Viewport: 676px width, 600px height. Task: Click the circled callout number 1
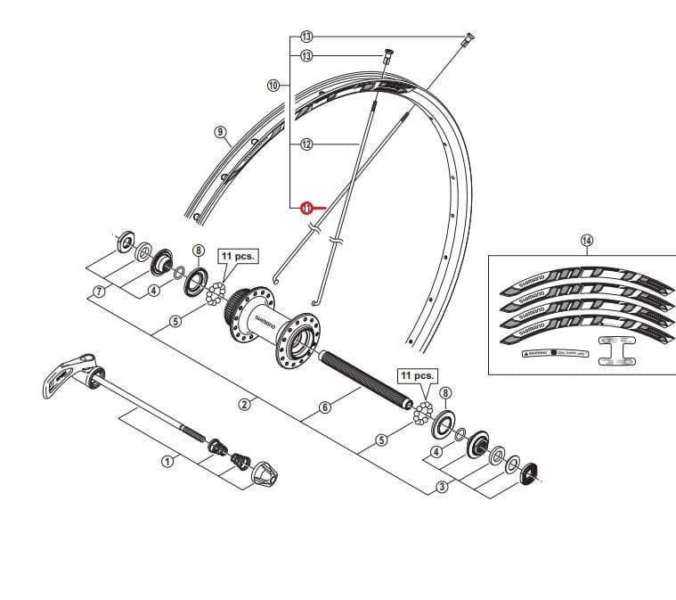click(166, 461)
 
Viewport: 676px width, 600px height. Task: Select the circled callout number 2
click(245, 404)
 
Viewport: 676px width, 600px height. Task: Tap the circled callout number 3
click(442, 487)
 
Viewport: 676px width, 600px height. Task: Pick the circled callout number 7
click(100, 291)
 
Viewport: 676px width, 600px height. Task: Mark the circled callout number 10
click(273, 85)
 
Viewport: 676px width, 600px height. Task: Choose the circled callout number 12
click(306, 144)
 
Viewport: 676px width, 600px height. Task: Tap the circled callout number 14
click(586, 240)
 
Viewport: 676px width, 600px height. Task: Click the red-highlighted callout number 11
click(305, 207)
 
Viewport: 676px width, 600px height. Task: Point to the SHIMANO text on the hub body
click(264, 318)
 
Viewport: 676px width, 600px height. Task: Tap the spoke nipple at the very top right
click(468, 39)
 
